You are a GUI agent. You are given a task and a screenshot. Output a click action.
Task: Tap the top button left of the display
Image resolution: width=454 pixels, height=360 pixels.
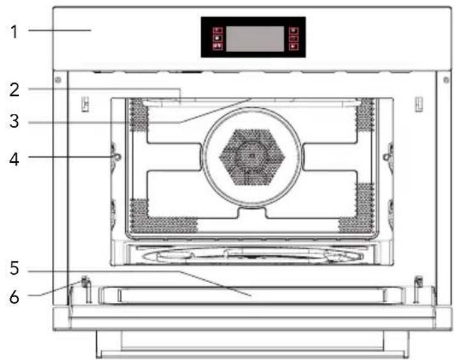(x=218, y=30)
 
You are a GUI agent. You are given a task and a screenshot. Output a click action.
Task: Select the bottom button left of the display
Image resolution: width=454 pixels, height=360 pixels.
(x=218, y=47)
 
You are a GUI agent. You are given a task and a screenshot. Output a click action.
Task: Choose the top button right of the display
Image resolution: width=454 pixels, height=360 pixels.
(x=293, y=30)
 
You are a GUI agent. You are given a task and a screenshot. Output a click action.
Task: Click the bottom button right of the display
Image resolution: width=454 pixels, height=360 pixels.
(x=293, y=47)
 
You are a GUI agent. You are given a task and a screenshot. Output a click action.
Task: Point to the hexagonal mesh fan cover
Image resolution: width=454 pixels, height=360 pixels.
(x=252, y=154)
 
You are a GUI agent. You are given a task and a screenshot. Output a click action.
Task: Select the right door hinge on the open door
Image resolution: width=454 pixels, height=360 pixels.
(x=419, y=282)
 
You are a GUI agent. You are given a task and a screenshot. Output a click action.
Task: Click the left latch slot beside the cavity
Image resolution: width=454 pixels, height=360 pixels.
(x=85, y=102)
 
